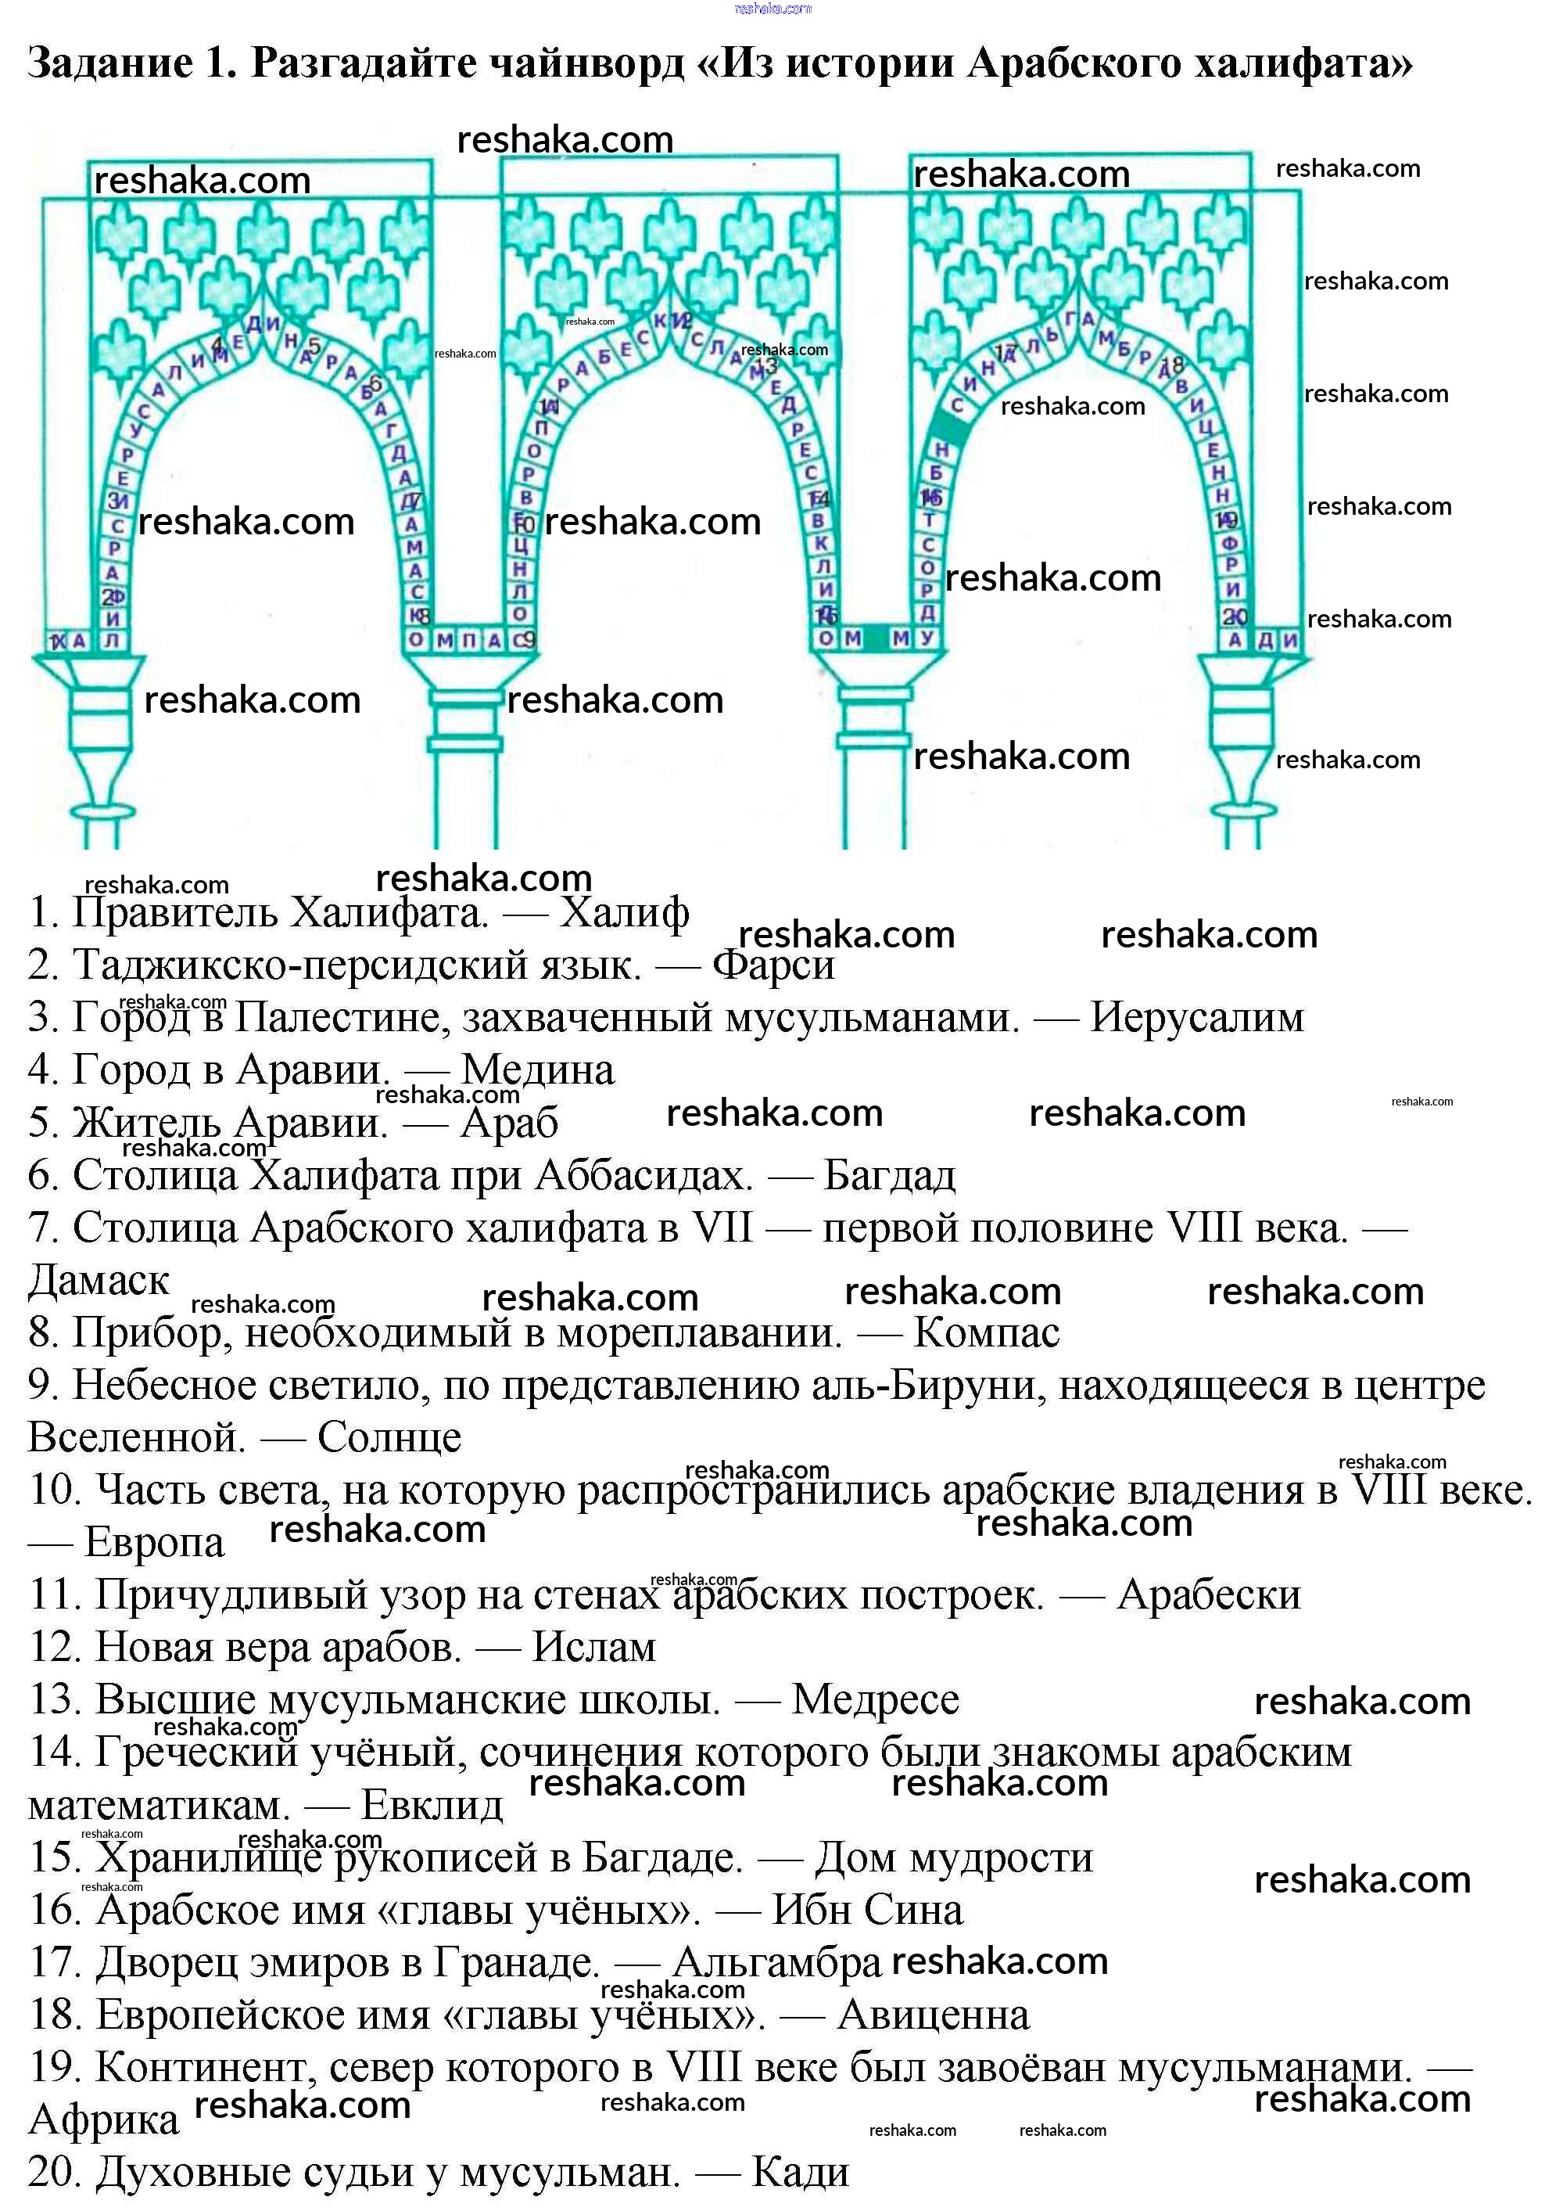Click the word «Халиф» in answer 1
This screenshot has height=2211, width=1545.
click(624, 912)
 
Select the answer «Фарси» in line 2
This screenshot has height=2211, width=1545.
click(773, 965)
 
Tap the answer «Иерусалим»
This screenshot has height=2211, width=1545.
click(1196, 1018)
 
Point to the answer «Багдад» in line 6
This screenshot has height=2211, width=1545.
click(890, 1175)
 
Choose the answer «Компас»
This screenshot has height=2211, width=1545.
click(986, 1332)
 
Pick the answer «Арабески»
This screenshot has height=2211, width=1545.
click(1208, 1595)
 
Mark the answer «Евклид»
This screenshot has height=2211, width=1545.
click(432, 1806)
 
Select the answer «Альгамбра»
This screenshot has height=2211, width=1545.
click(777, 1962)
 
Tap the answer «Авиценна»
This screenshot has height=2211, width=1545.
click(933, 2015)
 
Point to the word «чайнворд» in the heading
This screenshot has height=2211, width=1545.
click(586, 63)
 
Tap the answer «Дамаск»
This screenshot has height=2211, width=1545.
click(99, 1281)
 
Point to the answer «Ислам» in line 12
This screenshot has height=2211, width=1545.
click(594, 1648)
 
